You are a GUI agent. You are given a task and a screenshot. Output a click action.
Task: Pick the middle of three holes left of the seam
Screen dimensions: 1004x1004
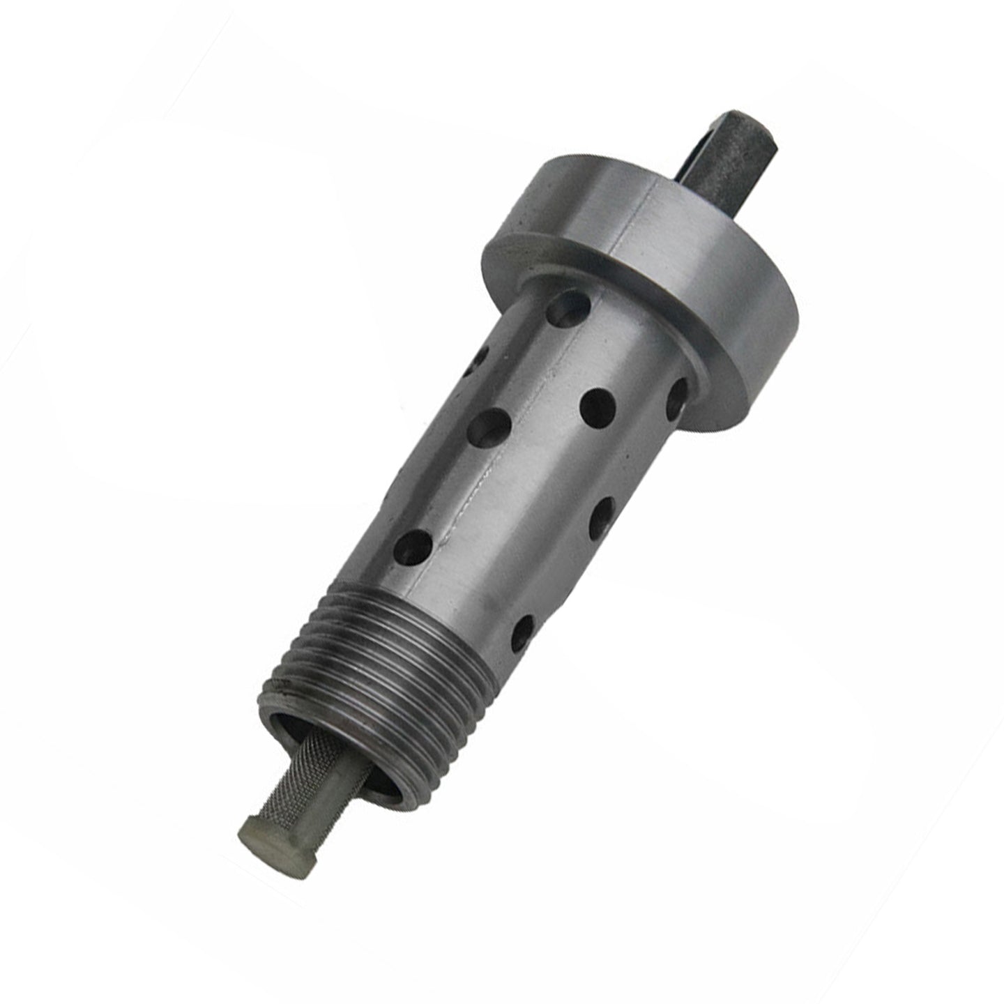(492, 427)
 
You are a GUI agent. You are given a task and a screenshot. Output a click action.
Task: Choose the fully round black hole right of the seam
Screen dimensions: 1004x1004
(598, 404)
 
